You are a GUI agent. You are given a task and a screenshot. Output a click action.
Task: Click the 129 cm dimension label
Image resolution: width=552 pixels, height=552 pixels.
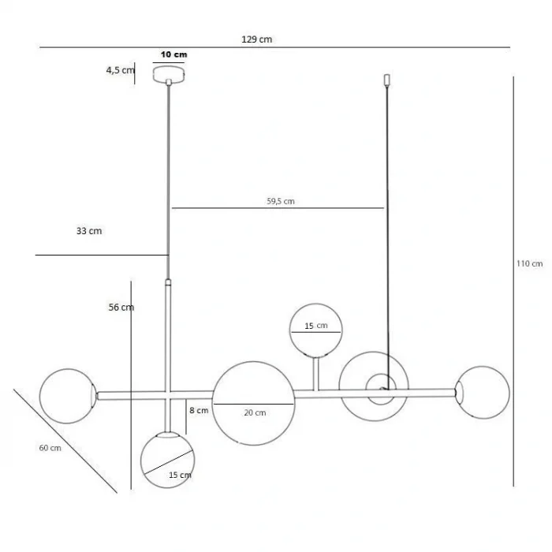[256, 39]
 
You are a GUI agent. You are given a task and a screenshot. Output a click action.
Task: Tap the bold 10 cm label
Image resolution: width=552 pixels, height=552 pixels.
[174, 54]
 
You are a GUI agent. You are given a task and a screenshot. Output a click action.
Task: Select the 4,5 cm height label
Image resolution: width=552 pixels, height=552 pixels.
[121, 70]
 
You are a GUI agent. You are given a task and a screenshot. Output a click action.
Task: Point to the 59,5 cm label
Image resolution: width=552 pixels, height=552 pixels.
[281, 201]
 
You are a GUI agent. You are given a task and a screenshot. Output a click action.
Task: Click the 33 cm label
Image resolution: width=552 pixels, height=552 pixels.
[89, 231]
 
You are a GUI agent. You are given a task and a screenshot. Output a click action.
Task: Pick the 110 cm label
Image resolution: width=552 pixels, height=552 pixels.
[529, 263]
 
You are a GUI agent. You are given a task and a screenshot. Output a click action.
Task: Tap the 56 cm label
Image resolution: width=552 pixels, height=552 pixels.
[121, 308]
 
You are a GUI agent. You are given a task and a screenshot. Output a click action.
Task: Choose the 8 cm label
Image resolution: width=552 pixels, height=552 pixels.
[199, 410]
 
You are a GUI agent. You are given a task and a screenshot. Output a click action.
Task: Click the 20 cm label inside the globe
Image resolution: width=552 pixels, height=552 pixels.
[255, 412]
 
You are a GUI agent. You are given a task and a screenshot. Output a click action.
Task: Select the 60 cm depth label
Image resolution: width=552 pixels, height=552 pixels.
[50, 448]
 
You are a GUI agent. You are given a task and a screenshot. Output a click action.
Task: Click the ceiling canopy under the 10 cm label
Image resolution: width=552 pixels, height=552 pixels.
[169, 74]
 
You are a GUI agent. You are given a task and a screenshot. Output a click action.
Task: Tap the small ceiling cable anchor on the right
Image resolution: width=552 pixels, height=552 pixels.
[386, 80]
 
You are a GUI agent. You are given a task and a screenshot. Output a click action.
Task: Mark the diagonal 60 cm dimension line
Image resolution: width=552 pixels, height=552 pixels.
[65, 441]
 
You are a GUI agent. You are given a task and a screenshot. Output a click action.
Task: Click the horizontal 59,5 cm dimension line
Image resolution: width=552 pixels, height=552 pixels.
[278, 208]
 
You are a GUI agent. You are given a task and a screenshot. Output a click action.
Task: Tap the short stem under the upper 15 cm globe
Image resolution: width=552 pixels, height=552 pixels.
[316, 374]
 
